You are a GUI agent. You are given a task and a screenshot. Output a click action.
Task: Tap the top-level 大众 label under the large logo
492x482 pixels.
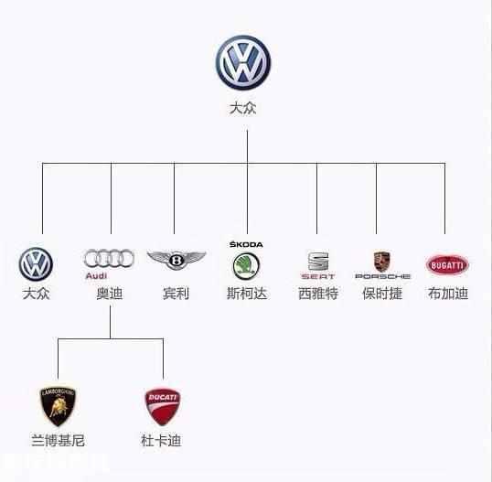coord(243,108)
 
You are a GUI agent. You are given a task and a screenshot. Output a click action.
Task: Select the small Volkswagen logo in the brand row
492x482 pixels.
coord(37,264)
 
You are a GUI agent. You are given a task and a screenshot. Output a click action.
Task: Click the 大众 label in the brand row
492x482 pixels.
coord(37,295)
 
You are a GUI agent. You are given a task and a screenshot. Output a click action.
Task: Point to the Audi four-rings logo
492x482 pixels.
coord(109,258)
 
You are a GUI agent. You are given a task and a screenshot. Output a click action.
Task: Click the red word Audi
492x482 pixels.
coord(97,275)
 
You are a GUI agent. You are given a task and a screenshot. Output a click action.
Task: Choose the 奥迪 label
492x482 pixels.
coord(110,295)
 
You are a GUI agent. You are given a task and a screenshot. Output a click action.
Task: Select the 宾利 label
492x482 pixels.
coord(176,295)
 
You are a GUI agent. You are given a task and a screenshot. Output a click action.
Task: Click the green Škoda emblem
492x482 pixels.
coord(244,266)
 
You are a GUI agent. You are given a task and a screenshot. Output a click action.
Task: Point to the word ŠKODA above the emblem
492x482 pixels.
coord(244,244)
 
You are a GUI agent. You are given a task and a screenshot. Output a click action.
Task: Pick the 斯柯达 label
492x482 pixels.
coord(246,295)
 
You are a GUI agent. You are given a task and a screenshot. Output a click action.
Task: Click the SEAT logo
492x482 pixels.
coord(317,264)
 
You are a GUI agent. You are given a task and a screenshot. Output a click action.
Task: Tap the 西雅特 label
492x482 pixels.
coord(317,295)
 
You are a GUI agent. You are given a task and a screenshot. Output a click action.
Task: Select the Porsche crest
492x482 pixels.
coord(382,260)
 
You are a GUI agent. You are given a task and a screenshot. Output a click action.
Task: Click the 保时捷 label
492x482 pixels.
coord(381,295)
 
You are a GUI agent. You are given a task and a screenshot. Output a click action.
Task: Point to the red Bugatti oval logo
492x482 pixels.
coord(446,264)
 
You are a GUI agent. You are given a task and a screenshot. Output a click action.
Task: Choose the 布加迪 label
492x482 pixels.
coord(447,295)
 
